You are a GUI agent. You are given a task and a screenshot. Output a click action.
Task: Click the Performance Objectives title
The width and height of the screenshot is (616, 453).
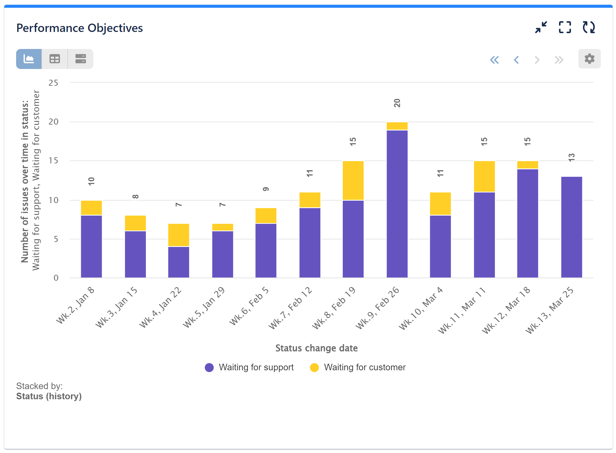(x=79, y=28)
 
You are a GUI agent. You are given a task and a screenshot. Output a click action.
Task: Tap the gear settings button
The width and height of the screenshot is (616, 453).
(x=589, y=59)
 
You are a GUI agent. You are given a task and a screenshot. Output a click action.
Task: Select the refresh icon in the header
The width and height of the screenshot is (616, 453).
(x=589, y=27)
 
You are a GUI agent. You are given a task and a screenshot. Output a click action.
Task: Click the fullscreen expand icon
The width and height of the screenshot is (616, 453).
(x=565, y=27)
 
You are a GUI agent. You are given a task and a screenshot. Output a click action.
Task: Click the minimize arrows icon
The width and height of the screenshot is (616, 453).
(x=541, y=27)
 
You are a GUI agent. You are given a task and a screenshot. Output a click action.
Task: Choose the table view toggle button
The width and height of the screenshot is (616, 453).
(x=55, y=59)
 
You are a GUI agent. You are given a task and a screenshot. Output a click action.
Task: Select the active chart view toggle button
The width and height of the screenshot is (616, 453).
(x=29, y=59)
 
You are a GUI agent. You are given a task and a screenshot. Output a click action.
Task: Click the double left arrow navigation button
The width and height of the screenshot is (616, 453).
(x=494, y=60)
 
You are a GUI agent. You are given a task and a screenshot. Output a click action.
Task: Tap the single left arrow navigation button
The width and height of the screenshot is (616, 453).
(x=516, y=60)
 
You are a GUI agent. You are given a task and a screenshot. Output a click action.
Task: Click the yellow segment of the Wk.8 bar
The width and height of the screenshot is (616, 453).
(x=353, y=180)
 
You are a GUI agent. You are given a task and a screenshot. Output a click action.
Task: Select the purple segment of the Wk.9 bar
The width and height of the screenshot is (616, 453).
(x=397, y=204)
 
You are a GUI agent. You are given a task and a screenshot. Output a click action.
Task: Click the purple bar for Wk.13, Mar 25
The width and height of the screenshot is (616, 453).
(x=571, y=227)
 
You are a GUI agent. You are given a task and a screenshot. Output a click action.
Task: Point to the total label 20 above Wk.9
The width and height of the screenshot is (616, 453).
(x=397, y=103)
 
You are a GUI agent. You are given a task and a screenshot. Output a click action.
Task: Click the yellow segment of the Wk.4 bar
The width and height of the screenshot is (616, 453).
(x=178, y=235)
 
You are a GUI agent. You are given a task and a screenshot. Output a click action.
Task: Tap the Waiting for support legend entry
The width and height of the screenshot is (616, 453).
(x=249, y=367)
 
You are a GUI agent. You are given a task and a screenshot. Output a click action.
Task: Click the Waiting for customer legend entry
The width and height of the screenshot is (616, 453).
(x=358, y=367)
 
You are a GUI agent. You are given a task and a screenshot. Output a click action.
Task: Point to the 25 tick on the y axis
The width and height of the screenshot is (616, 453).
(x=53, y=83)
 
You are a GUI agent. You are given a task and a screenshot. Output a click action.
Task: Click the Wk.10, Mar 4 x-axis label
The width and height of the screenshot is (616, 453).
(x=421, y=308)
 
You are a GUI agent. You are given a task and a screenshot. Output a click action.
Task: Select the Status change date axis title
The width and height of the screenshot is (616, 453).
(x=316, y=348)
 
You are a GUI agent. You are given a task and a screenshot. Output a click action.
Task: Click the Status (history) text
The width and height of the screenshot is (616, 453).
(x=49, y=396)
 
